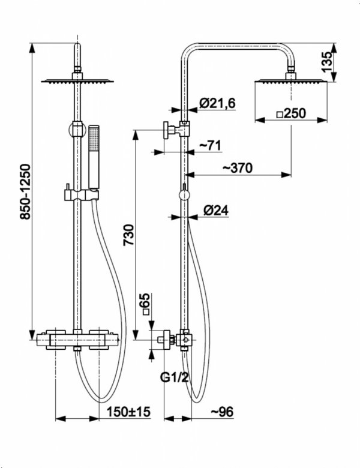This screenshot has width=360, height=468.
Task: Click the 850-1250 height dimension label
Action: pyautogui.click(x=25, y=191)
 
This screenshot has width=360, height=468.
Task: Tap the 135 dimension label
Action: pyautogui.click(x=326, y=62)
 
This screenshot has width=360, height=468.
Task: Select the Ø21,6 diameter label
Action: pyautogui.click(x=217, y=103)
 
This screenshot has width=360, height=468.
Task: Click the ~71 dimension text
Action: pyautogui.click(x=210, y=145)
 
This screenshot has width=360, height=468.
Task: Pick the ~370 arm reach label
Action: pyautogui.click(x=238, y=168)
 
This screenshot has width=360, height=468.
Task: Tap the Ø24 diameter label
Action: pyautogui.click(x=216, y=211)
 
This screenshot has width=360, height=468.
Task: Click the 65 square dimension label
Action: pyautogui.click(x=146, y=304)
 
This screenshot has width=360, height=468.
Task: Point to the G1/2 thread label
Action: pyautogui.click(x=175, y=377)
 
